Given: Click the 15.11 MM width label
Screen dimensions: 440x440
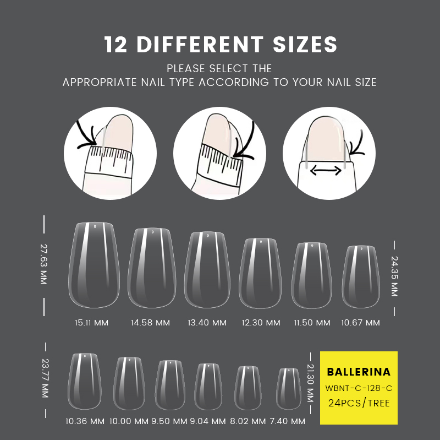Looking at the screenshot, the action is click(x=91, y=323).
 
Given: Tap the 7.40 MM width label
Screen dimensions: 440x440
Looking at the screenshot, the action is click(x=288, y=421).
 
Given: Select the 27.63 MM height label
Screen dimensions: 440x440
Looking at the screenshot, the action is click(x=43, y=264).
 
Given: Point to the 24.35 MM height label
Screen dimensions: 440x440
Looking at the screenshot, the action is click(x=394, y=276).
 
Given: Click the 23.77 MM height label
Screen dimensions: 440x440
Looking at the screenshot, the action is click(x=45, y=378).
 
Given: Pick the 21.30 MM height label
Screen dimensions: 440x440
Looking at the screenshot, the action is click(x=310, y=383).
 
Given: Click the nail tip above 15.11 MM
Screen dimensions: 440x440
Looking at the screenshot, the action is click(x=94, y=265).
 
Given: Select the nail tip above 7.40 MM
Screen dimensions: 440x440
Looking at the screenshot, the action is click(x=288, y=389).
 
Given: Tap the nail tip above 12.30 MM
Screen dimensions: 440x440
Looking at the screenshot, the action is click(x=260, y=273).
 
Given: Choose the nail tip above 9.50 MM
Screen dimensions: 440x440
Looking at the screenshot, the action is click(x=170, y=385).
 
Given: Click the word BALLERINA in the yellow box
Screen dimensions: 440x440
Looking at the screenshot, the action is click(x=359, y=372).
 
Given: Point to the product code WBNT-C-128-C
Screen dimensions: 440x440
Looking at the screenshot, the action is click(x=359, y=388).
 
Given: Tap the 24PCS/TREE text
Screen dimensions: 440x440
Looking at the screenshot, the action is click(x=359, y=403).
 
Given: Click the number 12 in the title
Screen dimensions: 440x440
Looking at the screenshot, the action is click(x=116, y=45).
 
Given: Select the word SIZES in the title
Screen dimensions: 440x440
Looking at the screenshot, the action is click(x=305, y=45).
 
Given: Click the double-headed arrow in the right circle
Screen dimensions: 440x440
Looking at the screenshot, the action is click(x=326, y=170).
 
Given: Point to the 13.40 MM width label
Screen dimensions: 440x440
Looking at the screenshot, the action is click(x=207, y=323).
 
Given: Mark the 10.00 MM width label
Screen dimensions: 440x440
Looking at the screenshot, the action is click(x=129, y=421).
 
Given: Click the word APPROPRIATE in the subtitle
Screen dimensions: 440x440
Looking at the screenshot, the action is click(x=100, y=82).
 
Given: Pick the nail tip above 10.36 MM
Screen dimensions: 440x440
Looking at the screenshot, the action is click(x=85, y=381).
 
